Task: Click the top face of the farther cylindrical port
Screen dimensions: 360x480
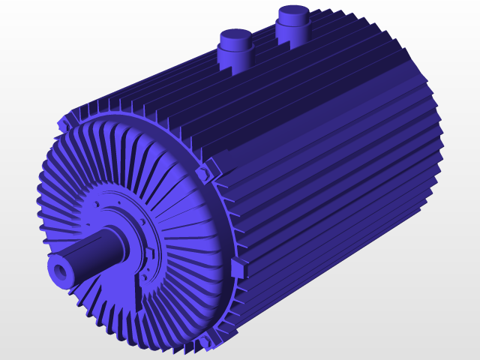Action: coord(292,12)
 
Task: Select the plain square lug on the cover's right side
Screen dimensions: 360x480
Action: coord(240,267)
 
